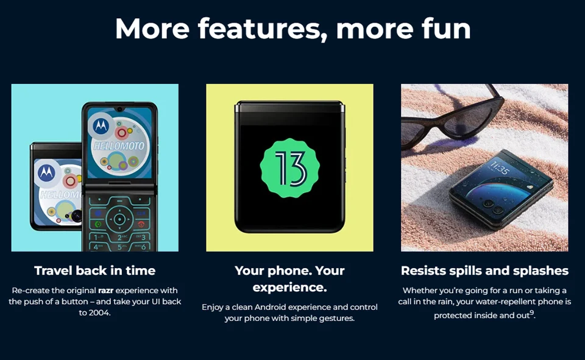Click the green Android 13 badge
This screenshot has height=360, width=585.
(289, 168)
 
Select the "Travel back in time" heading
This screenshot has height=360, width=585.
(95, 270)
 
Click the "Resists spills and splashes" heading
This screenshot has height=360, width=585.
(484, 271)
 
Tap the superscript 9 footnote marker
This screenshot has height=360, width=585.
(531, 312)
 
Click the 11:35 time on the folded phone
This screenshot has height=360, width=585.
(499, 168)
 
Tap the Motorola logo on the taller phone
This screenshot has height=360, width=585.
(101, 125)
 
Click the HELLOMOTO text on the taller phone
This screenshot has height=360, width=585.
(119, 146)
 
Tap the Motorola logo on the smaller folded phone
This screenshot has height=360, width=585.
(46, 172)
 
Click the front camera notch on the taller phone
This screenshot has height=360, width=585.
(119, 109)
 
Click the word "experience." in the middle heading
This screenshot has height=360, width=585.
(289, 288)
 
